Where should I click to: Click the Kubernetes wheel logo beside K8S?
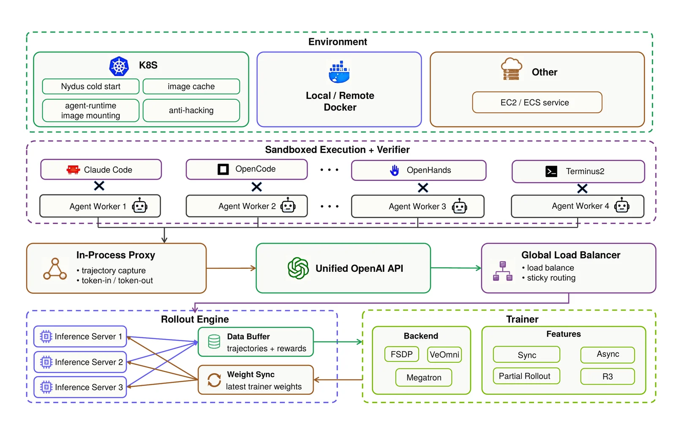[x=119, y=66]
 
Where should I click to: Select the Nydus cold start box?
[x=90, y=86]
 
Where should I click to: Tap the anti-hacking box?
[x=191, y=110]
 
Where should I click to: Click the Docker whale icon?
[x=339, y=72]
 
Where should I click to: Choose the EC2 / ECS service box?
[x=537, y=102]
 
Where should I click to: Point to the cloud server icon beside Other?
[x=511, y=69]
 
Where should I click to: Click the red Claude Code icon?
[x=73, y=170]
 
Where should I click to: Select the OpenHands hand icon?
[x=394, y=170]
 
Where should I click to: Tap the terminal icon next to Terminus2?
[x=551, y=171]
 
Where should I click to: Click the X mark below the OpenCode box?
[x=256, y=187]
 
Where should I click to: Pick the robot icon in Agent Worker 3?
[x=459, y=206]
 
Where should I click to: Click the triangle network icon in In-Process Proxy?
[x=55, y=269]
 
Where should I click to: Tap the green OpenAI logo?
[x=298, y=268]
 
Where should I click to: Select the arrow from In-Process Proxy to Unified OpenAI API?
[x=231, y=268]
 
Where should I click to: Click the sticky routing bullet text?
[x=549, y=278]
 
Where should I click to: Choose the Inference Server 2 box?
[x=80, y=362]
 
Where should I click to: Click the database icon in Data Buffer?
[x=214, y=342]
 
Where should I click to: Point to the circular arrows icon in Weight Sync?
[x=214, y=380]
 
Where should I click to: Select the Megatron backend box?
[x=424, y=377]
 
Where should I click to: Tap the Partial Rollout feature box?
[x=526, y=376]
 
